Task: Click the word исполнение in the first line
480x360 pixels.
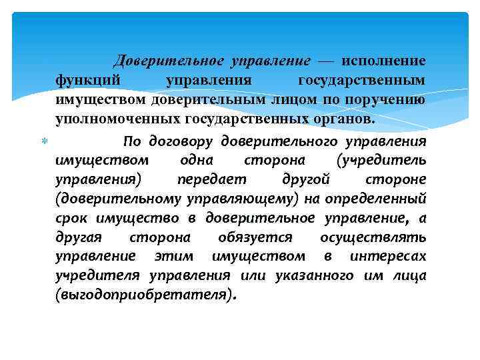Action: (383, 61)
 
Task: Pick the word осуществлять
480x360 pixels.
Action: (373, 237)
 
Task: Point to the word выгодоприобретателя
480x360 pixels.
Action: (145, 295)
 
